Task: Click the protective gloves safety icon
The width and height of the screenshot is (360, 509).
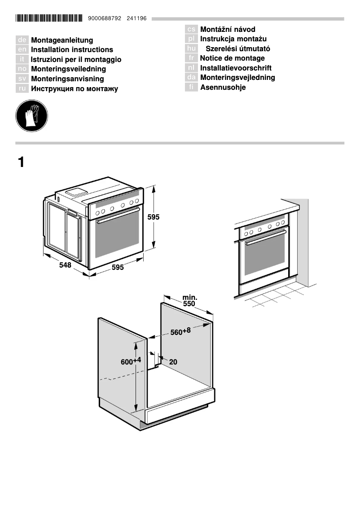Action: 31,116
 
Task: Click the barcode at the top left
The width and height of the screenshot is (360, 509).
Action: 49,18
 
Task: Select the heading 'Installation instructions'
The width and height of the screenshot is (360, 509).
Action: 72,50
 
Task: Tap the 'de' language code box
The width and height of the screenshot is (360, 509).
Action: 22,40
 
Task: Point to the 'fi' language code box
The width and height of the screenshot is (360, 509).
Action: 192,87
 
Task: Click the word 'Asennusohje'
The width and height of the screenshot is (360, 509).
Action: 223,88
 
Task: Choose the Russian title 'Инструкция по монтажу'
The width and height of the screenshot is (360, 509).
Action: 75,89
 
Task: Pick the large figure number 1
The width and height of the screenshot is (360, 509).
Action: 21,162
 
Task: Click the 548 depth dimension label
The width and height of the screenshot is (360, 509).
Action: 65,265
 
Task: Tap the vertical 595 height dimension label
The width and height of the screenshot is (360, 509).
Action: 154,217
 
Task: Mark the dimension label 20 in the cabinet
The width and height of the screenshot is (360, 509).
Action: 173,362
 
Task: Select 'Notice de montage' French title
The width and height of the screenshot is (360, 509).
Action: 232,58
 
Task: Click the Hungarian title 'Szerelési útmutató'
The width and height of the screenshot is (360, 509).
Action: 237,48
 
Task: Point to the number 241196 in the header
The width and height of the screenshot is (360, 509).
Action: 137,19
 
